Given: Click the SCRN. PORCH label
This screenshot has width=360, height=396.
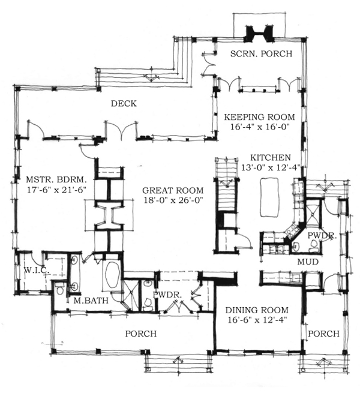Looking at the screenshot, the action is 261,54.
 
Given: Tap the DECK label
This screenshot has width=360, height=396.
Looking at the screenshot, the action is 124,104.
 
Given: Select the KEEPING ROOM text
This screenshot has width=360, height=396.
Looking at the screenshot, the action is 260,117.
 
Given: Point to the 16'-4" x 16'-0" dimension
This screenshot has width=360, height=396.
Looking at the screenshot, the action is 260,127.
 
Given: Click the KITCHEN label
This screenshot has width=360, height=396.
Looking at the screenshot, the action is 271,158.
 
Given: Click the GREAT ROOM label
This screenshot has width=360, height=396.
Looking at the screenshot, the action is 173,190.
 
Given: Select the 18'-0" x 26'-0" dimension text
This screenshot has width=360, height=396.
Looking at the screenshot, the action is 174,200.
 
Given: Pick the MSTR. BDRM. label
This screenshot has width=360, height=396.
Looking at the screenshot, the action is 56,179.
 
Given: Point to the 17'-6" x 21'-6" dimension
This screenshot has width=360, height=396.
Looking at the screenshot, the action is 56,190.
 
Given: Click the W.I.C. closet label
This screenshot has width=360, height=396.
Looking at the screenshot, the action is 37,270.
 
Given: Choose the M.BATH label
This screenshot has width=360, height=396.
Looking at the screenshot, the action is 91,301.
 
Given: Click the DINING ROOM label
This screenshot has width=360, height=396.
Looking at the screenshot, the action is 257,310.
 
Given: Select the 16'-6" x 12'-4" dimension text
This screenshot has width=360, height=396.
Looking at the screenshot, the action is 257,320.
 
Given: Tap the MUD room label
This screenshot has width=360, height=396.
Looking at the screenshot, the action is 308,262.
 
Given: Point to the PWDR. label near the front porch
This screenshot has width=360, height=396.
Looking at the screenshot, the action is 168,295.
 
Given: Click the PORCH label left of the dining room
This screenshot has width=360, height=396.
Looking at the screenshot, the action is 141,334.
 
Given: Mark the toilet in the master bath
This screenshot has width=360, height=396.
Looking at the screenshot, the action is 60,289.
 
